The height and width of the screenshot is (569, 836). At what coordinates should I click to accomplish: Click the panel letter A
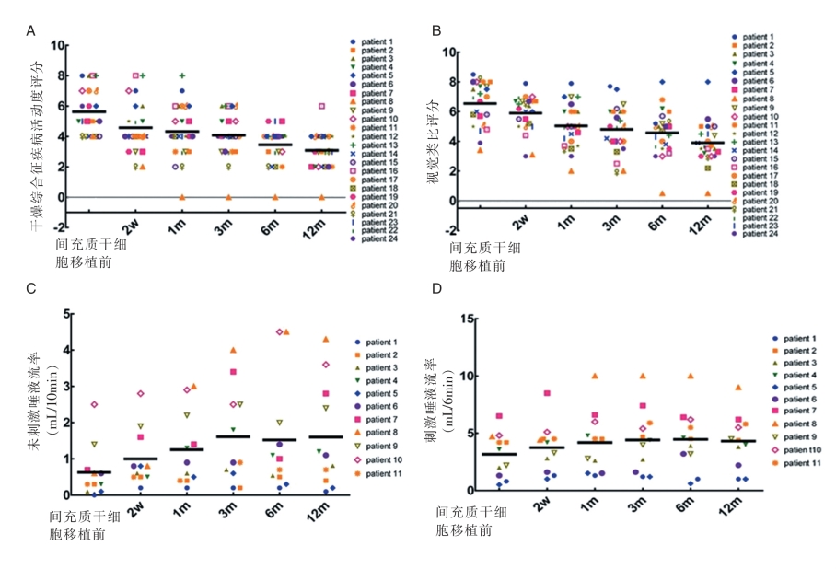(x=31, y=29)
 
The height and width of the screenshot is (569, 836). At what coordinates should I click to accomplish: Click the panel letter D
(x=439, y=289)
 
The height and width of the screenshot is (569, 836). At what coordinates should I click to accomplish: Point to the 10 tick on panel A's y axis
(x=59, y=45)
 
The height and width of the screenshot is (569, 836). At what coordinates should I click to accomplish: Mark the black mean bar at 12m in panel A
(x=321, y=150)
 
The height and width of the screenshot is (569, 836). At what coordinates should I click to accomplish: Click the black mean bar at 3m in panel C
(x=233, y=436)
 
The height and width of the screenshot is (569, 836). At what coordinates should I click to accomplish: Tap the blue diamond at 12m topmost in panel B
(x=708, y=82)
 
